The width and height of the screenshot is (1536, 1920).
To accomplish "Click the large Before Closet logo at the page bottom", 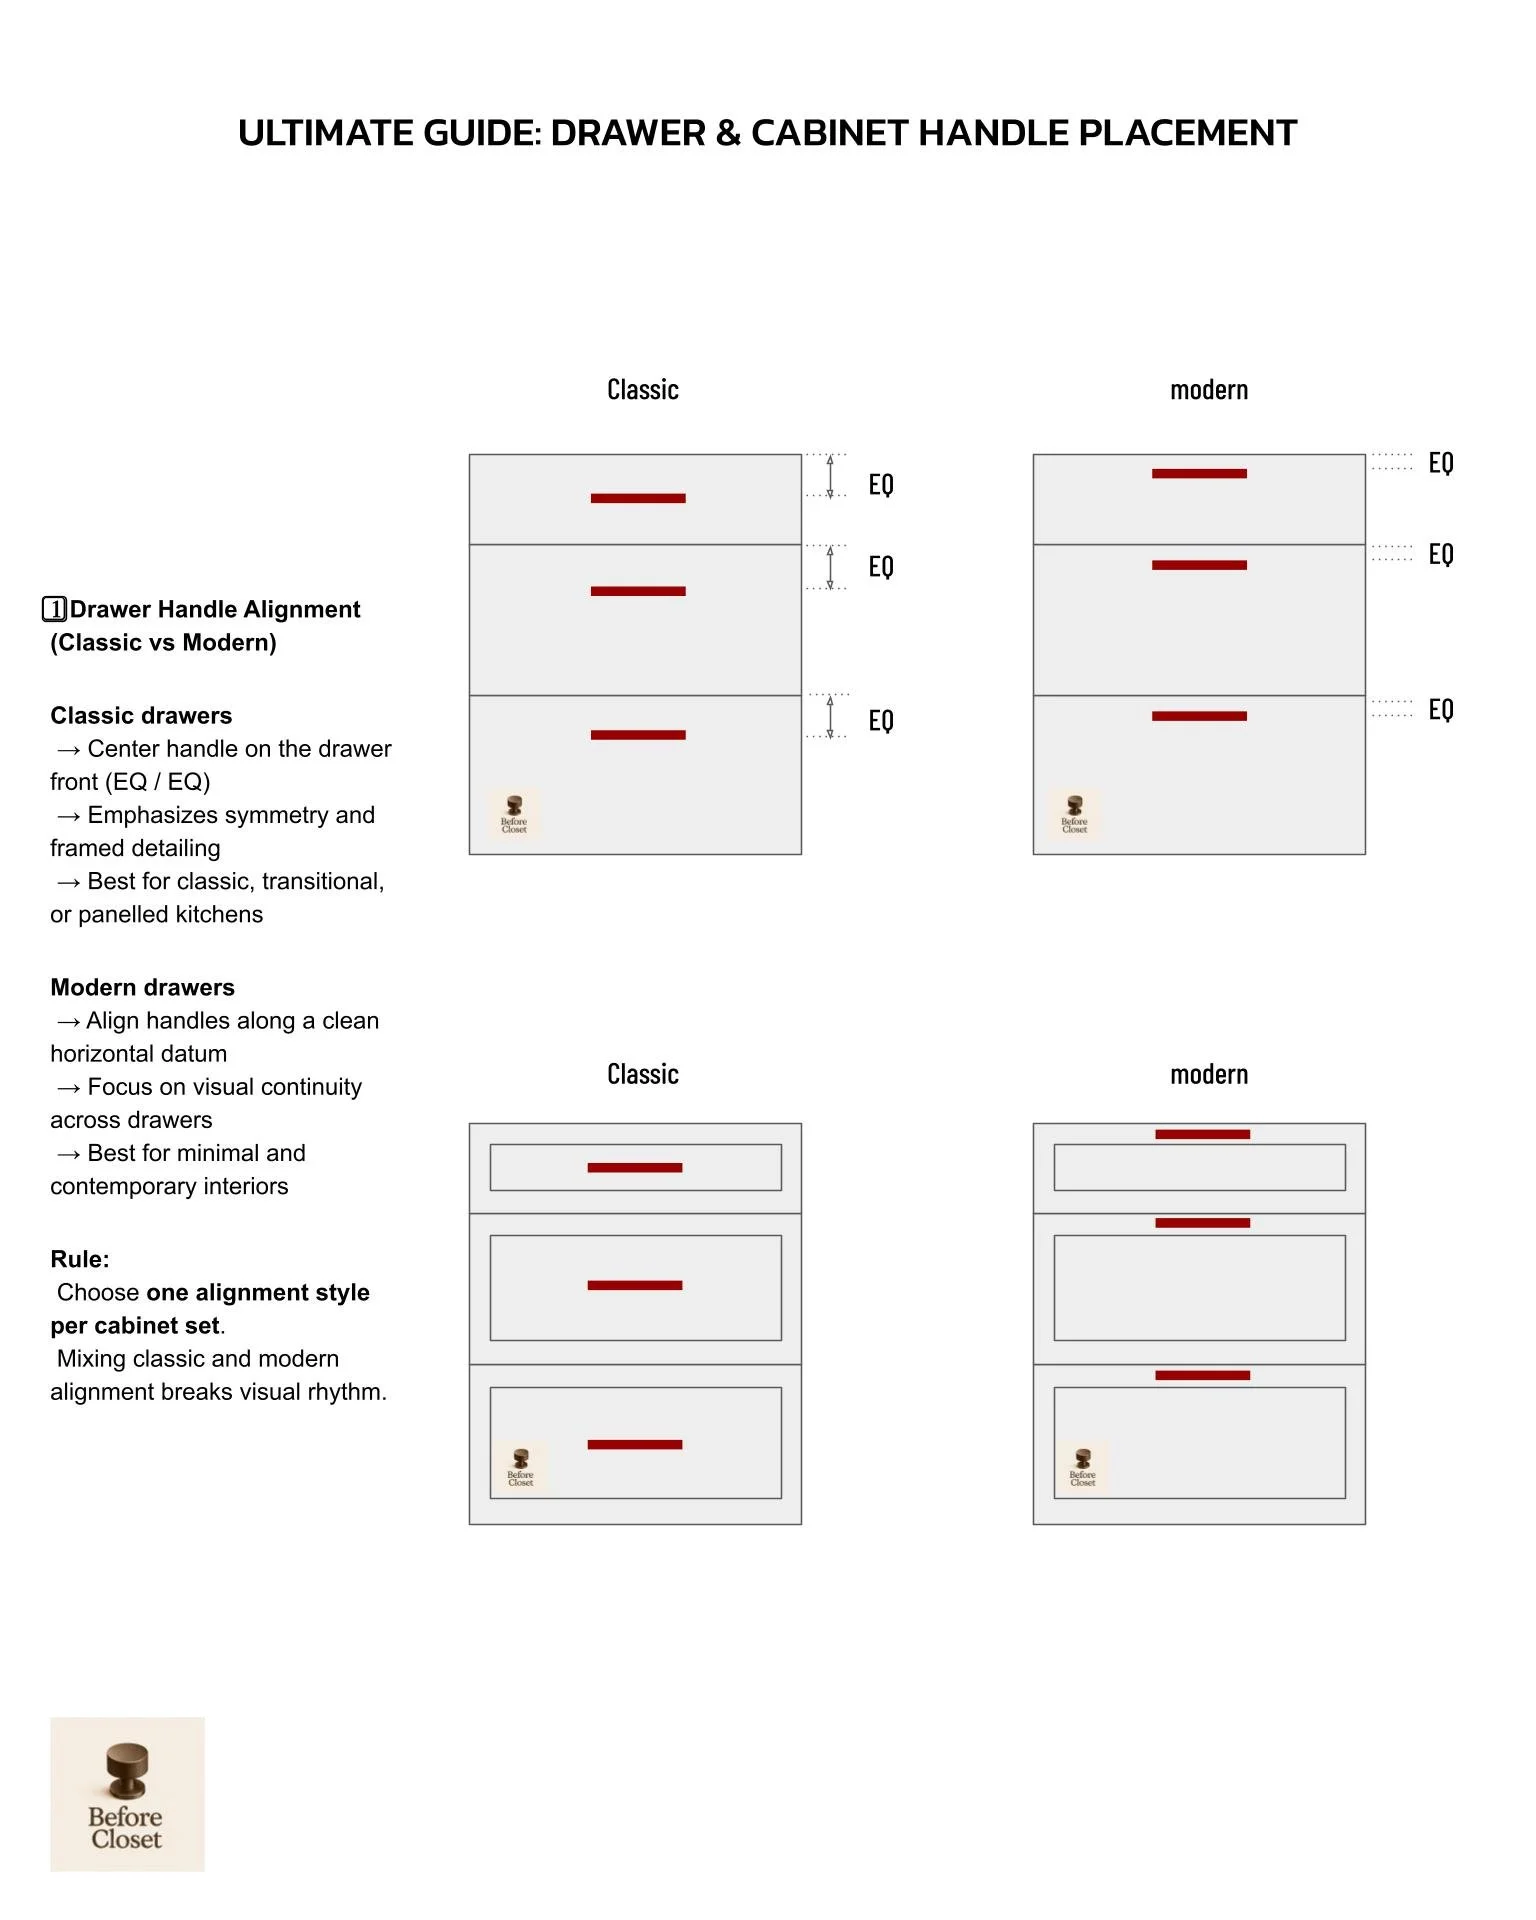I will click(127, 1794).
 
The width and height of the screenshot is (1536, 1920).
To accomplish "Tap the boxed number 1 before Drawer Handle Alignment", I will click(55, 609).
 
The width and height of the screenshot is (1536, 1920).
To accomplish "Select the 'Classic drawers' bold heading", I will click(141, 716).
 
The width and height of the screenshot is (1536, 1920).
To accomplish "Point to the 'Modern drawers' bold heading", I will click(142, 988).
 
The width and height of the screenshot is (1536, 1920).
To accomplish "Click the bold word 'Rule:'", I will click(80, 1260).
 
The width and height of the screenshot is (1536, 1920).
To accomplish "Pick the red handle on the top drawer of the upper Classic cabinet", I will click(638, 498).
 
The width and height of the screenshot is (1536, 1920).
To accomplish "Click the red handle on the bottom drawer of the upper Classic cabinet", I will click(638, 735).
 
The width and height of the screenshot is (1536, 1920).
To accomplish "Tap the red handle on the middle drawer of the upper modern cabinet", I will click(1199, 565).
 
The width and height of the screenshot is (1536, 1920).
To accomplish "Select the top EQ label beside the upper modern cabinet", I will click(1441, 463).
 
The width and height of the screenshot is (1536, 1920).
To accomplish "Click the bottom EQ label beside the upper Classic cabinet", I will click(881, 721).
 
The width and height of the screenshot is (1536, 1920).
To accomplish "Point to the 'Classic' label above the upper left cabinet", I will click(643, 390).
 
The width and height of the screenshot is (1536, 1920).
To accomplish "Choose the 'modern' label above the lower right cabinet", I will click(1209, 1075).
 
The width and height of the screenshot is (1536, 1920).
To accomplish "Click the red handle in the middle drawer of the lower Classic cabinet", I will click(635, 1285).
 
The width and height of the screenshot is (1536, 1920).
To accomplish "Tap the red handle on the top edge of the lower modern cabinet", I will click(1202, 1134).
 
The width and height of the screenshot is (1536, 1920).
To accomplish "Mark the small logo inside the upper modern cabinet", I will click(1075, 813).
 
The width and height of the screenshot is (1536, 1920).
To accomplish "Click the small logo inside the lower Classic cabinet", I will click(520, 1466).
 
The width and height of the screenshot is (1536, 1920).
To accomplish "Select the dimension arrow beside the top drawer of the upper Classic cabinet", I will click(830, 475).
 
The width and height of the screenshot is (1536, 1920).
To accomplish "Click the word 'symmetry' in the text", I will click(281, 815).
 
